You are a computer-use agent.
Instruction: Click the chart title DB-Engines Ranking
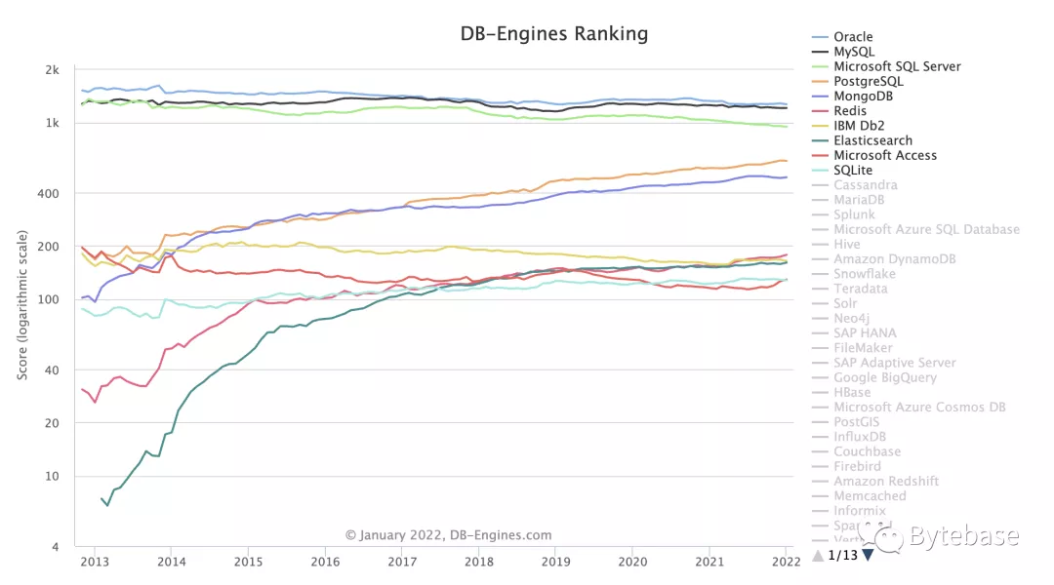(553, 34)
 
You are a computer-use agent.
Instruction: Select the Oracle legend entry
(853, 37)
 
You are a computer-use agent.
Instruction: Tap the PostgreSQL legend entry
(868, 82)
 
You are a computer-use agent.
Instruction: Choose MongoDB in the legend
(863, 97)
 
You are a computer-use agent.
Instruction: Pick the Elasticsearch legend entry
(872, 140)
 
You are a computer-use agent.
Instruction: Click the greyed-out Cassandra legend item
(866, 185)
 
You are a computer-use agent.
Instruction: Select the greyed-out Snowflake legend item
(865, 274)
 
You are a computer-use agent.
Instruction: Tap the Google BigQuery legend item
(884, 377)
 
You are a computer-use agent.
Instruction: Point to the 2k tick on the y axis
(53, 70)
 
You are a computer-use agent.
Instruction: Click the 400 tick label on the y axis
(50, 193)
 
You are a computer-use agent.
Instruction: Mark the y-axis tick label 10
(53, 476)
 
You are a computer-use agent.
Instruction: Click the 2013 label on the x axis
(94, 562)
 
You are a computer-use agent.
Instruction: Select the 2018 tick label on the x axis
(478, 562)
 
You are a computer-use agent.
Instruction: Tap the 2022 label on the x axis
(786, 562)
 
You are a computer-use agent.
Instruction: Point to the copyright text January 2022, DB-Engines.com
(448, 534)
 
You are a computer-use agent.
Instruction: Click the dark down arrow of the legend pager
(868, 556)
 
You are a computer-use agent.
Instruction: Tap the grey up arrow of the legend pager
(818, 556)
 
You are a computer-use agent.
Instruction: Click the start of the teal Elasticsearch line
(101, 498)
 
